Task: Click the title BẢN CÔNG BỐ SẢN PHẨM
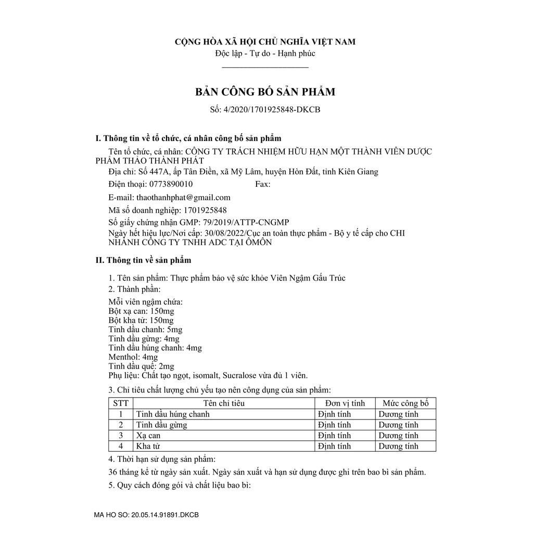[265, 92]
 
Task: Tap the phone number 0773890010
[163, 184]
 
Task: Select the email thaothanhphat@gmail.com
[183, 197]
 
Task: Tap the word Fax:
[262, 184]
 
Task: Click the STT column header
[121, 403]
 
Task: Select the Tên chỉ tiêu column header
[224, 403]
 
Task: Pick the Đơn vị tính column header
[345, 403]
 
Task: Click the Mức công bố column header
[405, 403]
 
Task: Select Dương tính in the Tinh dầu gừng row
[398, 425]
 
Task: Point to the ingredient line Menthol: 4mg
[133, 357]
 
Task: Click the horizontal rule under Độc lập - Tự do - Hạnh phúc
[265, 67]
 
